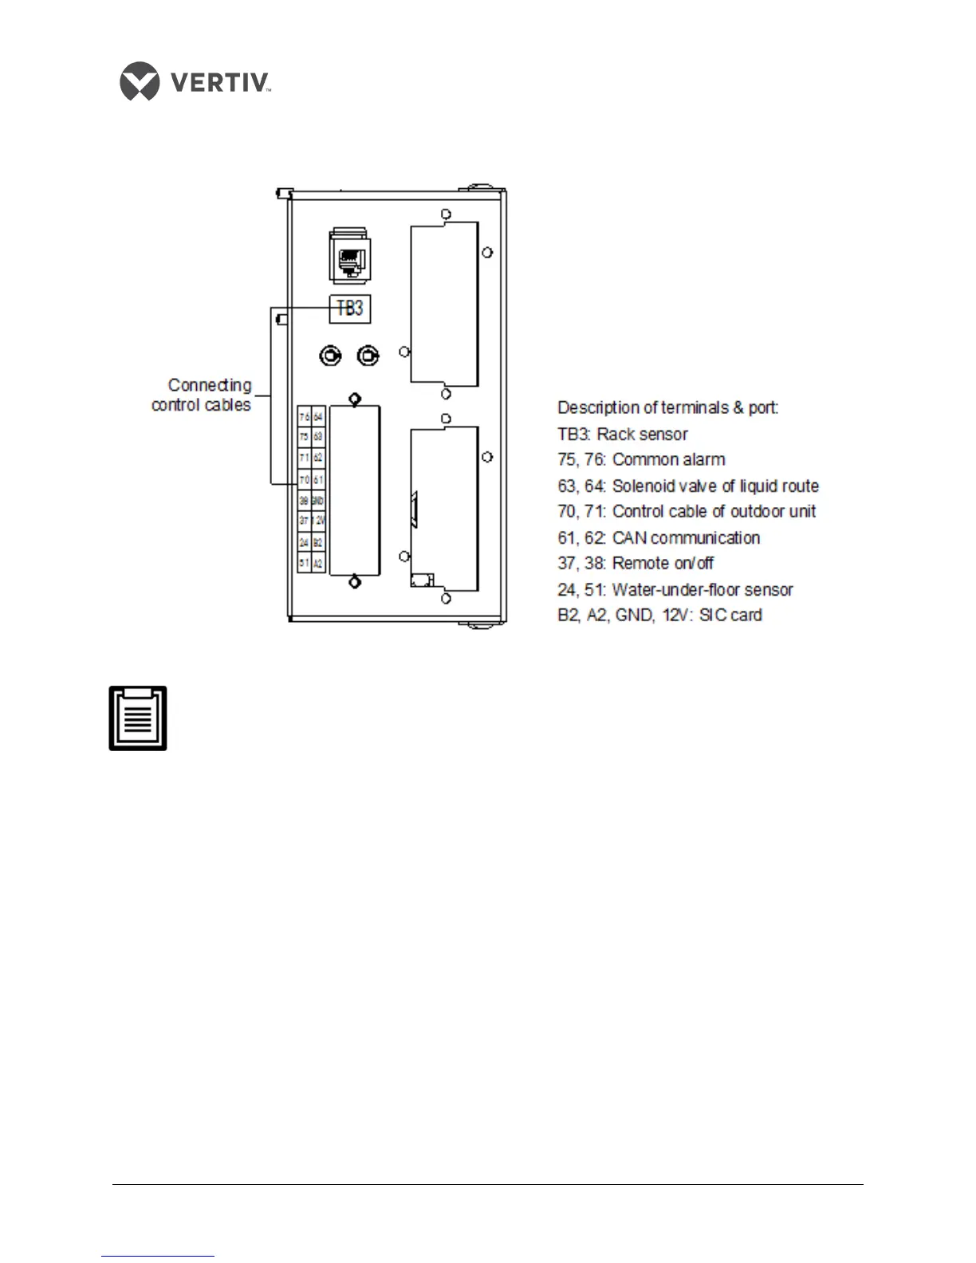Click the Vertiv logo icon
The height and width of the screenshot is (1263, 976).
[139, 81]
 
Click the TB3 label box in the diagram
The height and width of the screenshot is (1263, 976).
[350, 309]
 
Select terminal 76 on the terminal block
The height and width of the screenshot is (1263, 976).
[304, 416]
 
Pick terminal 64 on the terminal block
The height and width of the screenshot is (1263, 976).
[318, 416]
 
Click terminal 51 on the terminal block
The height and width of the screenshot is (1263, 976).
[304, 563]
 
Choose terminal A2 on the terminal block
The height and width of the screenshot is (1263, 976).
[318, 563]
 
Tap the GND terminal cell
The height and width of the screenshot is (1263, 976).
[318, 500]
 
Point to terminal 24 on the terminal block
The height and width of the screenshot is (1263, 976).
[304, 542]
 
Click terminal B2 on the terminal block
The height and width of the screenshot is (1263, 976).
[318, 542]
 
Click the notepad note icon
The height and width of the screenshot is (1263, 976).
[138, 718]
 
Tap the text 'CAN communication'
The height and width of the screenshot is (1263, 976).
[686, 537]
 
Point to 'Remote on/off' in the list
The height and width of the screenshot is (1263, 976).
[663, 563]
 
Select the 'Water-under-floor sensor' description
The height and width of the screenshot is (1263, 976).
[702, 589]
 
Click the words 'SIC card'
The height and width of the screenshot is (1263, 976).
[730, 615]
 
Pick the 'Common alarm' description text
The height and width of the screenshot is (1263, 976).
[668, 459]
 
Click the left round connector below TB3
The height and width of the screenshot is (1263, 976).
[328, 356]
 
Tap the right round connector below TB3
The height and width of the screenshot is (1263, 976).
[368, 356]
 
